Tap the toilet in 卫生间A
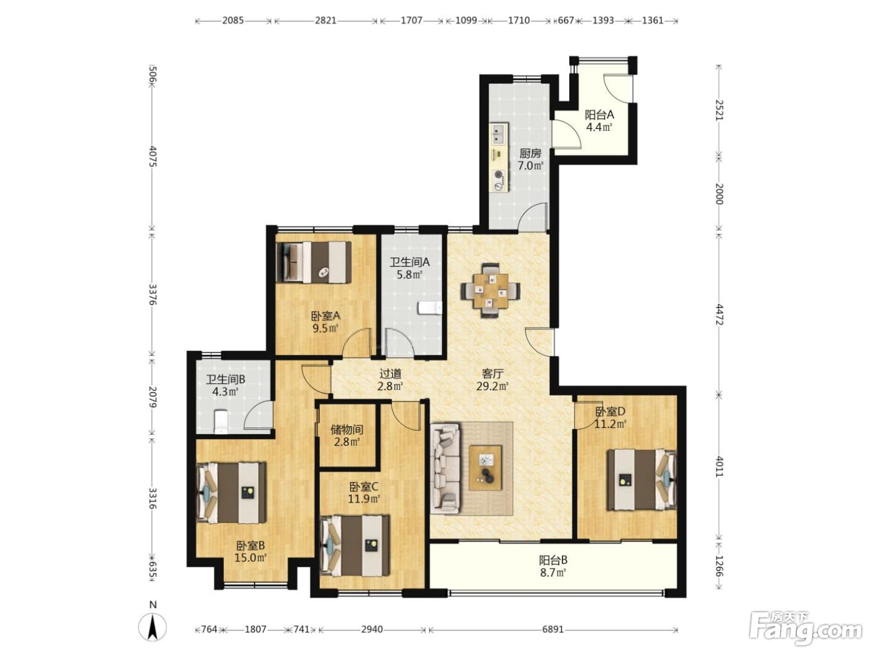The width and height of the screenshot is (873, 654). (x=430, y=308)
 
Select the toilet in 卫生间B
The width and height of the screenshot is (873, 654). (x=220, y=422)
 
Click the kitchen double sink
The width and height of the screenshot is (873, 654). (x=499, y=133)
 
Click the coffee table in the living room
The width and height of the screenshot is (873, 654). (x=485, y=467)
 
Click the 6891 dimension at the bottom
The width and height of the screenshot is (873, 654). (x=553, y=629)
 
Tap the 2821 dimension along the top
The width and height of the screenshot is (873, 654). (x=326, y=21)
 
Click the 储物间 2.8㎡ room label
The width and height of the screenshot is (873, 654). (x=347, y=435)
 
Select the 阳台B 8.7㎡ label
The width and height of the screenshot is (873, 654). (x=553, y=566)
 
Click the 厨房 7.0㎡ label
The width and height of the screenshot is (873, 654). (x=530, y=159)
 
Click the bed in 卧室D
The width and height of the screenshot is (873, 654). (x=641, y=480)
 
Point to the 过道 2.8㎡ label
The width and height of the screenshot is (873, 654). (x=390, y=379)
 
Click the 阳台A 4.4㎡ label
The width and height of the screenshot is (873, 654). (x=599, y=121)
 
